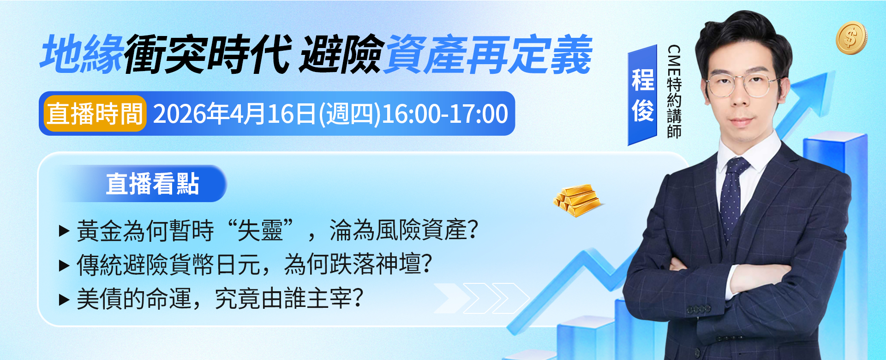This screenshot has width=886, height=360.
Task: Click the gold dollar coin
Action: coord(851,38)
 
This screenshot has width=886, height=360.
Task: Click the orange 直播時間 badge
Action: coord(95,114)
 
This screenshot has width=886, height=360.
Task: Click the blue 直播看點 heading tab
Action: coord(152,184)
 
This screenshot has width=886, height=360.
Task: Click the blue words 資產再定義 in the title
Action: coord(487,54)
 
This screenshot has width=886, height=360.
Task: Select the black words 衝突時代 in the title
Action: coord(208,54)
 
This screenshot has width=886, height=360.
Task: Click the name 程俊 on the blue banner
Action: coord(642,95)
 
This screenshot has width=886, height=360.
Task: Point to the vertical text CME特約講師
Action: coord(674,91)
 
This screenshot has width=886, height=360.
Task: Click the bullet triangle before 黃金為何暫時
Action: coord(64,231)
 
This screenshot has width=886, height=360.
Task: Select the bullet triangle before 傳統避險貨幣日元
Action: coord(64,265)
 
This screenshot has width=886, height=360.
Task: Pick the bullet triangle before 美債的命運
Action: coord(64,300)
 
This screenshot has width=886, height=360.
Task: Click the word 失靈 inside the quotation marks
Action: coord(260,230)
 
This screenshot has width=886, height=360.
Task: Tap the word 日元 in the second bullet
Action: coord(238,265)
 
